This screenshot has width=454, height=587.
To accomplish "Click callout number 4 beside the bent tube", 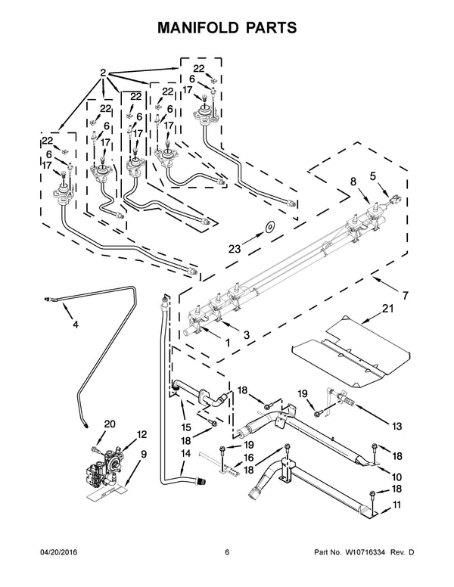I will [75, 326].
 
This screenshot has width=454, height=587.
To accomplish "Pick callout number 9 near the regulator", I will [144, 455].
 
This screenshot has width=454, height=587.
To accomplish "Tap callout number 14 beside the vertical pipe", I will [185, 453].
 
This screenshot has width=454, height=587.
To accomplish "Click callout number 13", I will [396, 426].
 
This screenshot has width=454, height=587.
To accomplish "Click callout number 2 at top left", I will [102, 73].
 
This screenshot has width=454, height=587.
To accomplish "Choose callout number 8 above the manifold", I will [353, 182].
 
